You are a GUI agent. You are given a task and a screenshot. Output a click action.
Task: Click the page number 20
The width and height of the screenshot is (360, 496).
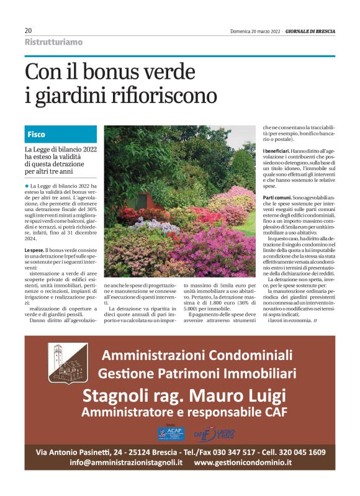(29, 30)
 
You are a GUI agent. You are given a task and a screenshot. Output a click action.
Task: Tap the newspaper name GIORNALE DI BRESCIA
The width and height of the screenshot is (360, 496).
(310, 30)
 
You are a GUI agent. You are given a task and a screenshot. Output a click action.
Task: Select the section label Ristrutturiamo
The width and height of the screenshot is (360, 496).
(53, 42)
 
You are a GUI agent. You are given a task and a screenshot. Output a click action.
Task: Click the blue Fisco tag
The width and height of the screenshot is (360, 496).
(37, 134)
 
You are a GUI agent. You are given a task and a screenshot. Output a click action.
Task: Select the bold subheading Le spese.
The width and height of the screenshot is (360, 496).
(34, 250)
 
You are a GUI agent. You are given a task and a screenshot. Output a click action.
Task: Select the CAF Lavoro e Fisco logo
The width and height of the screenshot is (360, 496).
(214, 433)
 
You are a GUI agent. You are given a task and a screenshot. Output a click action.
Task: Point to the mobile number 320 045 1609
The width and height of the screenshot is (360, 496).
(302, 452)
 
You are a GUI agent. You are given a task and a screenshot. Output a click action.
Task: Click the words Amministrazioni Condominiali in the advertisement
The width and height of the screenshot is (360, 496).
(197, 356)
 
